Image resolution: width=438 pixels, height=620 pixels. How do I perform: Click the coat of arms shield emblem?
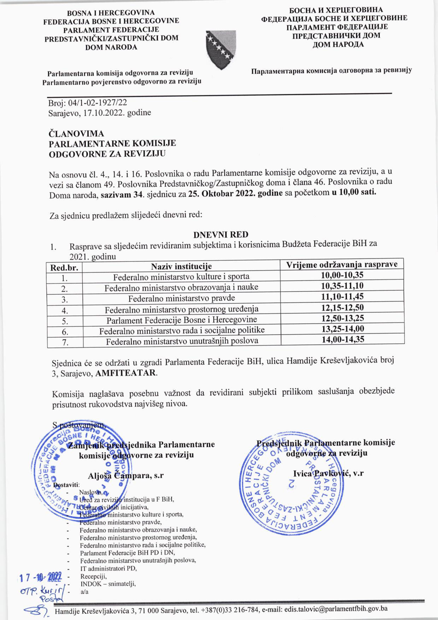(x=221, y=49)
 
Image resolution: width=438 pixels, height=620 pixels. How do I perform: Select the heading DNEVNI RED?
(x=221, y=234)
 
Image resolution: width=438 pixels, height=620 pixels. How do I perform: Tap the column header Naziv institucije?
(x=181, y=266)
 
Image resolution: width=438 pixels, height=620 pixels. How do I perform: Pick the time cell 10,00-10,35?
(x=342, y=275)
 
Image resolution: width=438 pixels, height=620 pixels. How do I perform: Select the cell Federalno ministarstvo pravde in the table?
(x=181, y=298)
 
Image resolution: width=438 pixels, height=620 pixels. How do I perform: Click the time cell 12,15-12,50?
(x=342, y=308)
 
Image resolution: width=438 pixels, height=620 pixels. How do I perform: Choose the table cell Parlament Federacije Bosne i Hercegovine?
(x=181, y=320)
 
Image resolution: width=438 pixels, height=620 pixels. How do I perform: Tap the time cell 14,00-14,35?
(x=343, y=339)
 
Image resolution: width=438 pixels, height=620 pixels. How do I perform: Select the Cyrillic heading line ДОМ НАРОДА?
(x=338, y=44)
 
